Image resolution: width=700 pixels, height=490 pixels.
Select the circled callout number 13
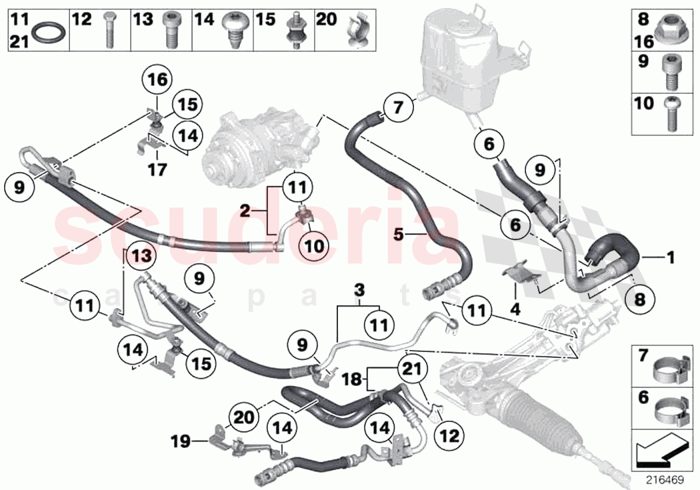(141, 254)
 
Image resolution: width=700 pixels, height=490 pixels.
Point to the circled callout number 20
(243, 417)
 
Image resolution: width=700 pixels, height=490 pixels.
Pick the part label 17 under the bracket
(157, 171)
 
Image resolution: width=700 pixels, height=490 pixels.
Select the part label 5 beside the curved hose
(399, 234)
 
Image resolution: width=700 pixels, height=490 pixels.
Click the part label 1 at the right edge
(671, 255)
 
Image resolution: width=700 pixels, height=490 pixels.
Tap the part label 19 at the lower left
(178, 441)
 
